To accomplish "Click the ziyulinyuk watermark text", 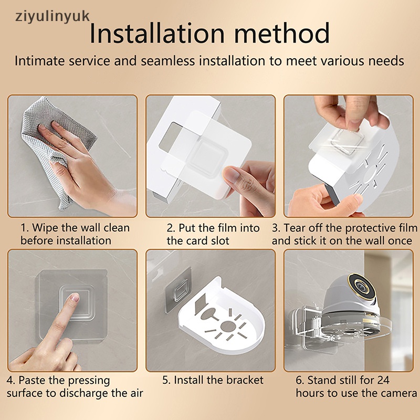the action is coord(52,17).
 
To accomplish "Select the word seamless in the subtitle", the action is coord(167,61).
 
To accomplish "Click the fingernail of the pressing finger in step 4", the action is coord(75,297).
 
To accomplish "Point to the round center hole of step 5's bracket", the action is coord(227,327).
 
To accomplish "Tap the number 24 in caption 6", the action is coord(383,380).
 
